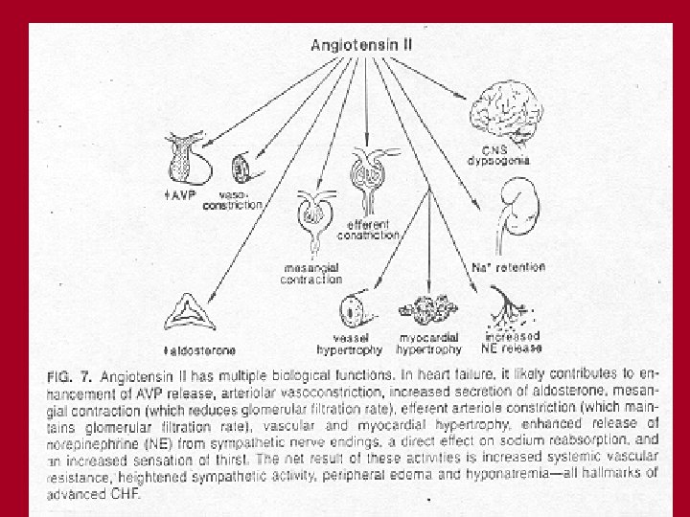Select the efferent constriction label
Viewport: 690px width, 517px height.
coord(368,229)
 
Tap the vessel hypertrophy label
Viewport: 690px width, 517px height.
coord(354,342)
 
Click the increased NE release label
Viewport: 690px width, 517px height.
coord(513,341)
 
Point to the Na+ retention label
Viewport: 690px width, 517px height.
coord(509,267)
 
